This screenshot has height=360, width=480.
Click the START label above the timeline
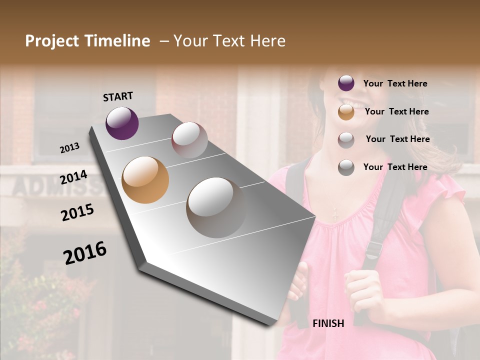[118, 96]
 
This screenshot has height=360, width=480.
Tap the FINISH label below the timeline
[328, 323]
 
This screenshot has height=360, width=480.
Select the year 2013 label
[70, 147]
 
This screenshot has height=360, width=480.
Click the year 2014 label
[73, 177]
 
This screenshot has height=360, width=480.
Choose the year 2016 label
[85, 252]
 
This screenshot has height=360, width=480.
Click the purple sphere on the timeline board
[122, 123]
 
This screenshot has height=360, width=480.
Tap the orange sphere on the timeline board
[145, 180]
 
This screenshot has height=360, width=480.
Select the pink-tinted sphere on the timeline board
[189, 140]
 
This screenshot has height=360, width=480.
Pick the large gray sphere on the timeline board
[216, 207]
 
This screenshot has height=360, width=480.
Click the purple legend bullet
[346, 83]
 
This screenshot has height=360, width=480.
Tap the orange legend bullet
[346, 112]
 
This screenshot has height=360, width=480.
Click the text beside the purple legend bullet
[395, 83]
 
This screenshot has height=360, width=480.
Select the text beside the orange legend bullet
[396, 111]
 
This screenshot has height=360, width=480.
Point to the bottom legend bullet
[346, 167]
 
